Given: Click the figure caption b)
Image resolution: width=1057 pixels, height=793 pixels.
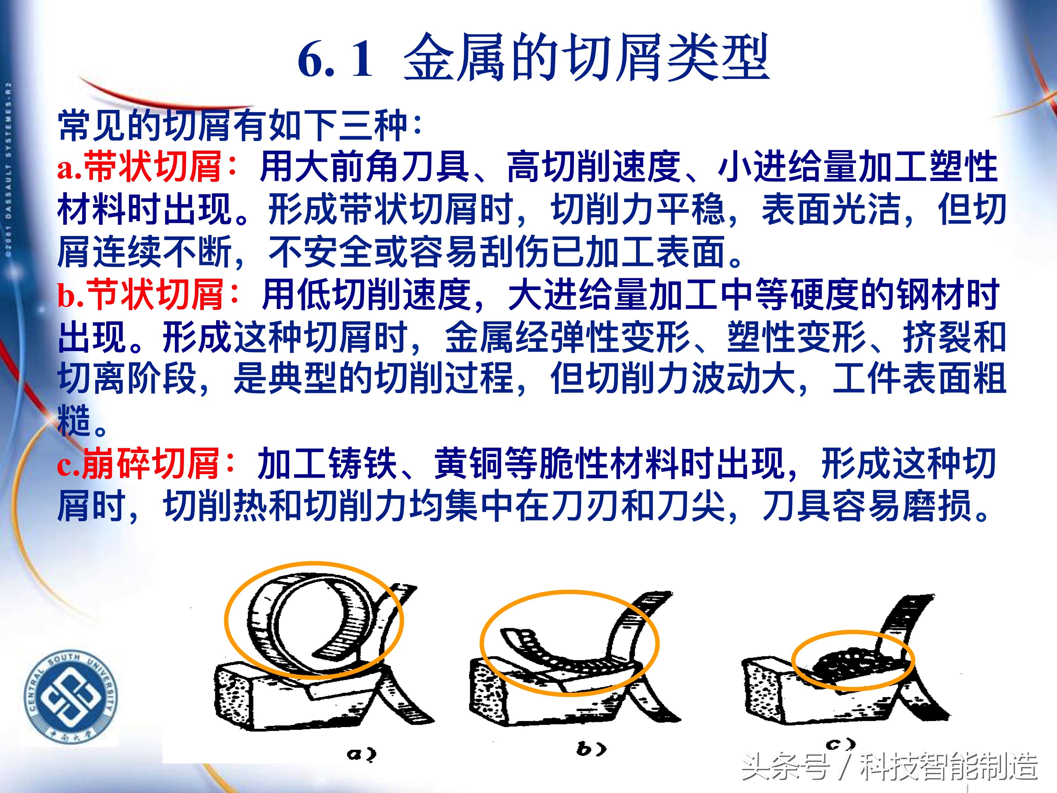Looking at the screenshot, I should (x=591, y=749).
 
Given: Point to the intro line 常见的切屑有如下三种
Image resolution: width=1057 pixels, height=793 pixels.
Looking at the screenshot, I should (x=239, y=125).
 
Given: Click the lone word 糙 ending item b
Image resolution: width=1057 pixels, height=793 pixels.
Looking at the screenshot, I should (x=74, y=420).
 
